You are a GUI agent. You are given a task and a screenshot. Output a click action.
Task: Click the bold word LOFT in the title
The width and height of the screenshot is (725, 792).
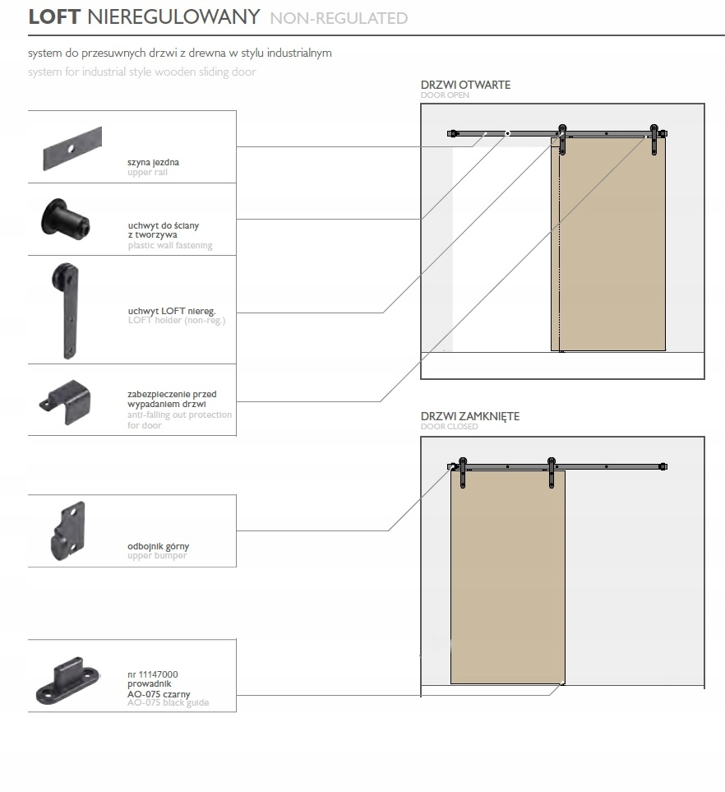coord(54,17)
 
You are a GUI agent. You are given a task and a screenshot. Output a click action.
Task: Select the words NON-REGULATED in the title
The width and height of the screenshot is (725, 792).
coord(339,18)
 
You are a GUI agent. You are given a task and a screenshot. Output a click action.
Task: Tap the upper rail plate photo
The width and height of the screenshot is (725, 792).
coord(72,148)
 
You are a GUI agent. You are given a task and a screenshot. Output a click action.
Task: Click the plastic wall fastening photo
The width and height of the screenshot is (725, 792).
coord(67,220)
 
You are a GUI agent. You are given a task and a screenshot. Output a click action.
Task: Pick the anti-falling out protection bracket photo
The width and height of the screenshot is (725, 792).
coord(67,401)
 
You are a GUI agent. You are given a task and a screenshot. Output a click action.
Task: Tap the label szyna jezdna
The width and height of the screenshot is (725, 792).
coord(153,163)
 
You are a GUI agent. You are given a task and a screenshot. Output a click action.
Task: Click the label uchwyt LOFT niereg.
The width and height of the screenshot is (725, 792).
coord(171,312)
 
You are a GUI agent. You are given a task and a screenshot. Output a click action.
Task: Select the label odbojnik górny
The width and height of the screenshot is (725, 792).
coord(158,546)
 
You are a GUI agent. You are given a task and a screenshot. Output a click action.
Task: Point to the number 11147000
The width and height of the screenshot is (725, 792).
coord(152,674)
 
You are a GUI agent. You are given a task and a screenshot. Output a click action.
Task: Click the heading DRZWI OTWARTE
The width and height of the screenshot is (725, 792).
coord(465,86)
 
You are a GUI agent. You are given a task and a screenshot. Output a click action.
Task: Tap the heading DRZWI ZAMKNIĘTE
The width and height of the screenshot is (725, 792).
coord(470,417)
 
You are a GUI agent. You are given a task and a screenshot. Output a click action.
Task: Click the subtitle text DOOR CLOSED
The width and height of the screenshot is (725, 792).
coord(449,428)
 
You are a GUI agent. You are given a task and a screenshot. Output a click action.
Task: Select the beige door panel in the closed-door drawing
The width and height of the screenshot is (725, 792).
coord(508,576)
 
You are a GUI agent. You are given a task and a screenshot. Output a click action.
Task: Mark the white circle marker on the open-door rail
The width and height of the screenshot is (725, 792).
coord(508,132)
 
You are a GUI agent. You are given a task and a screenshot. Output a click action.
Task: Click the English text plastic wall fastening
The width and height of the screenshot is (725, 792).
coord(169,245)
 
